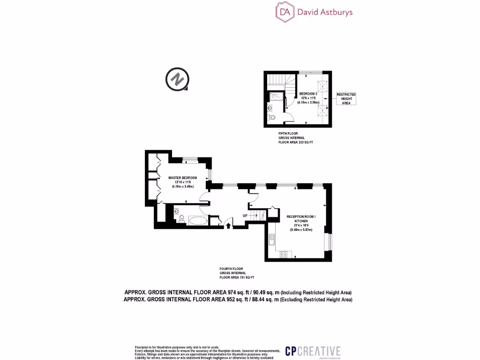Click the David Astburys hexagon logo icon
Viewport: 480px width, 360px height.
[x=285, y=12]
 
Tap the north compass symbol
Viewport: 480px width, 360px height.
[x=177, y=79]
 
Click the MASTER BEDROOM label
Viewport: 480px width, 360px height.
[x=183, y=178]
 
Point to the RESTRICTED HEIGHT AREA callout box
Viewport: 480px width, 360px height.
[x=346, y=98]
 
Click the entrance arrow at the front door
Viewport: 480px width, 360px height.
[x=228, y=226]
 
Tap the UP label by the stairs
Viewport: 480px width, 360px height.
[x=245, y=215]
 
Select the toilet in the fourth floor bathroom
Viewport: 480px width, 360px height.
[x=177, y=212]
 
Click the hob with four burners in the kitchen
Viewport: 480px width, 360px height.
[x=283, y=255]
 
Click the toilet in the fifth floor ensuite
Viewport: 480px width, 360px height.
[x=277, y=119]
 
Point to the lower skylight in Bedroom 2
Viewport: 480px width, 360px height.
[x=322, y=111]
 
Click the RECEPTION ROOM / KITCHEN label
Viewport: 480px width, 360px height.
[x=301, y=219]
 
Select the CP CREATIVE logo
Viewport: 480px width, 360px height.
[x=313, y=351]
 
